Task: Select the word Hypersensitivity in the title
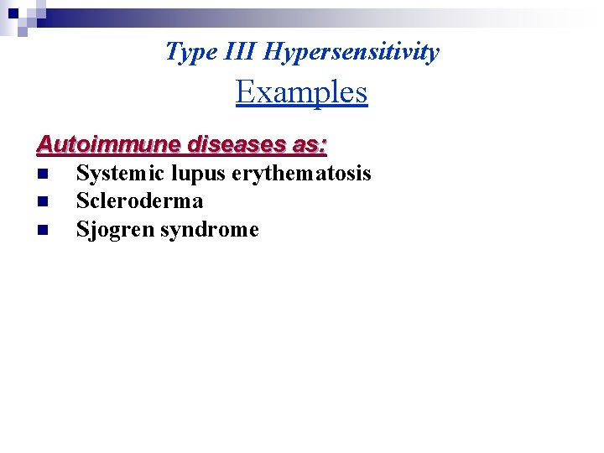(x=351, y=52)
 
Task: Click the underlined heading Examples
(x=301, y=91)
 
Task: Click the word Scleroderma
(x=139, y=201)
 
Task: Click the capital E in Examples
(x=245, y=91)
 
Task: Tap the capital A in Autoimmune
(x=44, y=144)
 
